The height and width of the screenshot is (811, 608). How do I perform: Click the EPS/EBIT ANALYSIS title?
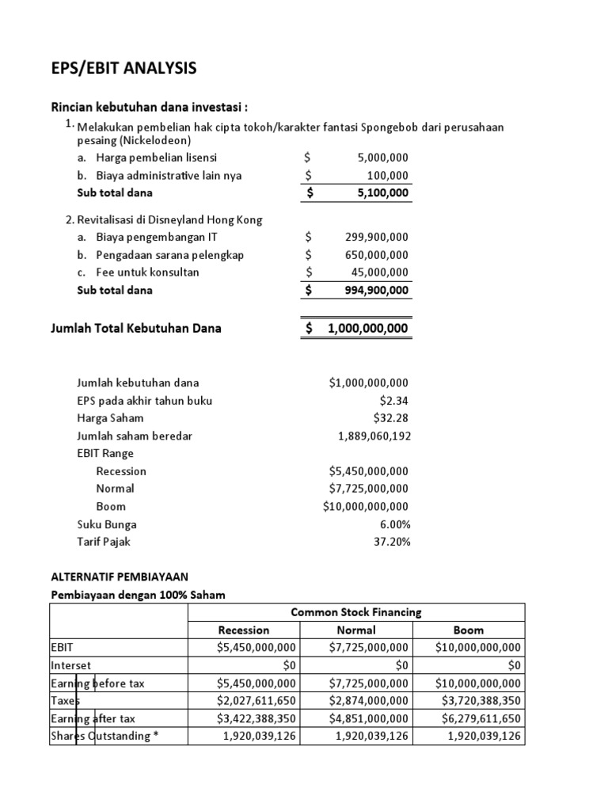[x=123, y=69]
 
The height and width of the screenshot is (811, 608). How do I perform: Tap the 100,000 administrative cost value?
[x=387, y=175]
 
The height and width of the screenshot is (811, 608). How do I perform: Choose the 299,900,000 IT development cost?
[x=377, y=237]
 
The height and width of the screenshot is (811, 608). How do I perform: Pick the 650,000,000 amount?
[x=377, y=254]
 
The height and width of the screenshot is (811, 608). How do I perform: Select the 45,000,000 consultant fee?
[x=380, y=272]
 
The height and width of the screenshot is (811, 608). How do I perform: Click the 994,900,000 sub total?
[x=377, y=290]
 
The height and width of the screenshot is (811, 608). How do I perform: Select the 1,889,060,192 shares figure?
[x=374, y=436]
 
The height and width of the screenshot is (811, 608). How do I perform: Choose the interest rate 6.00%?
[x=393, y=524]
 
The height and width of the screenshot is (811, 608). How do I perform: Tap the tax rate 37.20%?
[x=391, y=542]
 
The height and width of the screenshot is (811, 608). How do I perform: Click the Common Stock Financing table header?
[x=355, y=612]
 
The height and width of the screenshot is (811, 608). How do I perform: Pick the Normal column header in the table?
[x=355, y=630]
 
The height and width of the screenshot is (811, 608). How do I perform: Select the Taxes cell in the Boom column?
[x=478, y=700]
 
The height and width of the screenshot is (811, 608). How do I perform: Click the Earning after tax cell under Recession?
[x=256, y=718]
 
